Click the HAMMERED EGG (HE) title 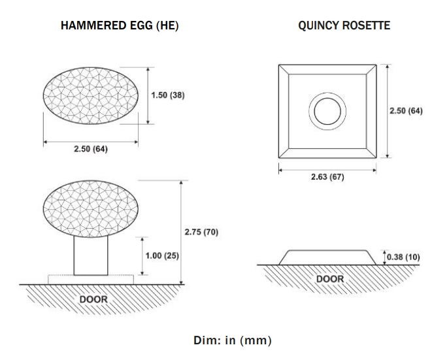point(120,25)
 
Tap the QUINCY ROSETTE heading point(344,25)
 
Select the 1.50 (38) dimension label point(168,95)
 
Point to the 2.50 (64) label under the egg point(91,149)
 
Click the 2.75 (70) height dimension point(201,232)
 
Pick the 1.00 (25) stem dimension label point(162,255)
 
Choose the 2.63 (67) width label point(327,176)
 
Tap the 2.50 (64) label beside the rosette point(406,110)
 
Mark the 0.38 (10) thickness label point(403,257)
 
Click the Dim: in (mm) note point(233,340)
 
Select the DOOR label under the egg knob point(93,299)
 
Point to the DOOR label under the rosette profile point(330,279)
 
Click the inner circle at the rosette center point(327,99)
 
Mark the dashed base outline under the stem point(91,275)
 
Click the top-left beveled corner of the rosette point(284,69)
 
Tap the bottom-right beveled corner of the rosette point(371,154)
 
